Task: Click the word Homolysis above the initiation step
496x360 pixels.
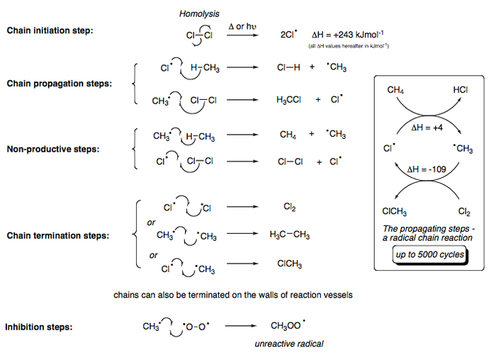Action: click(199, 13)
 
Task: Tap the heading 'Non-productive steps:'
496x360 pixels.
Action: click(53, 149)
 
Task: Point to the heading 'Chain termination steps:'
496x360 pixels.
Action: click(58, 235)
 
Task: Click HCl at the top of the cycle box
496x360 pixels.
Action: click(461, 91)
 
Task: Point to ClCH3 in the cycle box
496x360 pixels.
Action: click(395, 210)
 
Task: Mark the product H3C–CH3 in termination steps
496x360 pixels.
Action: click(290, 235)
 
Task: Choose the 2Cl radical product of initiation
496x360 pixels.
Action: click(289, 34)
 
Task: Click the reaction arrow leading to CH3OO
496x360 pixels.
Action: click(238, 327)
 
